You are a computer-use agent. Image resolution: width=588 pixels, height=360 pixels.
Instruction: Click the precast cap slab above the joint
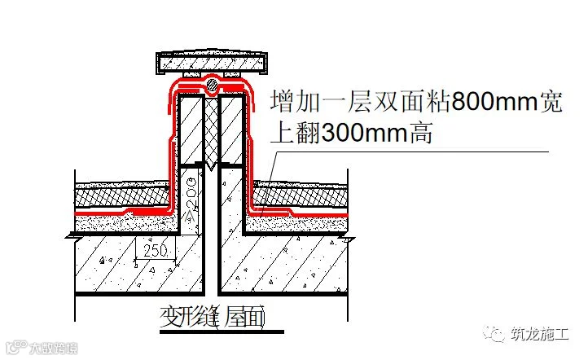(212, 62)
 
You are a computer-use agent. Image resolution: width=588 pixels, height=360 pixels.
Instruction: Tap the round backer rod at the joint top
(212, 84)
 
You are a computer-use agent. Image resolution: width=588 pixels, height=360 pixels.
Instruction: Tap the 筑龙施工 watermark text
(541, 334)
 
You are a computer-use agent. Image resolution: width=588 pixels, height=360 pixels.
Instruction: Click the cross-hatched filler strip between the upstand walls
(212, 130)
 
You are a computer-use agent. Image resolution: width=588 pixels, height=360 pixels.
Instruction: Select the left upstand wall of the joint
(192, 130)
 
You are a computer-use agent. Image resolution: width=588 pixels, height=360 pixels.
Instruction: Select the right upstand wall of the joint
(232, 130)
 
